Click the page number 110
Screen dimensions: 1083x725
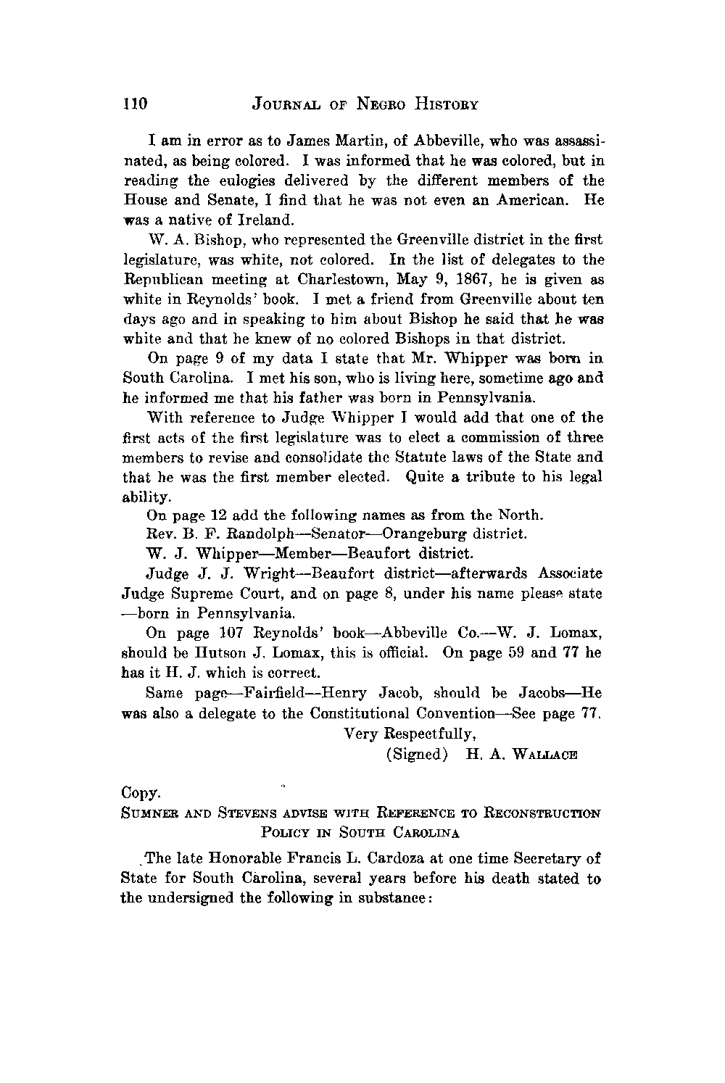pyautogui.click(x=135, y=104)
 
